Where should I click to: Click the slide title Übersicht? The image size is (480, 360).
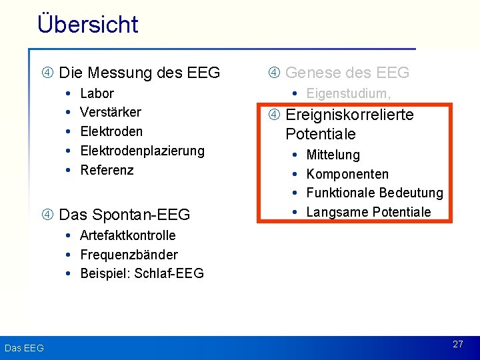pos(88,24)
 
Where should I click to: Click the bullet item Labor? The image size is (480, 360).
pos(97,93)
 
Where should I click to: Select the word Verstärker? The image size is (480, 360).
pos(110,112)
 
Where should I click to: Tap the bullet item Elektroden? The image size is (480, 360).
pos(111,131)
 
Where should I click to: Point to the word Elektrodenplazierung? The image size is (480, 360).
pos(142,151)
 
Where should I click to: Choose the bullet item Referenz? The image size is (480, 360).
pos(107,170)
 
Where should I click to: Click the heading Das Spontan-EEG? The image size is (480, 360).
pos(124,215)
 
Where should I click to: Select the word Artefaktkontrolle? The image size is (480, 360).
pos(127,235)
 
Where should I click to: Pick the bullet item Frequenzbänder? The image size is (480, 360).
pos(129,255)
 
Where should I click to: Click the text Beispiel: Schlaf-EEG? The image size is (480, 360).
pos(141,273)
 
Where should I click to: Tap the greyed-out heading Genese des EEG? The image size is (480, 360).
pos(347,73)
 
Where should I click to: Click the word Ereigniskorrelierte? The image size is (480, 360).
pos(349,115)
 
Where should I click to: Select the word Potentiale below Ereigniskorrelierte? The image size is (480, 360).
pos(320,134)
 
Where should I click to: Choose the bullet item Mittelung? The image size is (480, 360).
pos(333,155)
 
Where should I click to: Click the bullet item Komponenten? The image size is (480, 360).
pos(347,174)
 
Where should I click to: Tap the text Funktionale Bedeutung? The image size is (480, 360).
pos(374,193)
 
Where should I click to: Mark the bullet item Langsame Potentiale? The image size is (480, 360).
pos(368,212)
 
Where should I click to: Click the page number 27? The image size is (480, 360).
pos(457,345)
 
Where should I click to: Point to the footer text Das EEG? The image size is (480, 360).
pos(24,348)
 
